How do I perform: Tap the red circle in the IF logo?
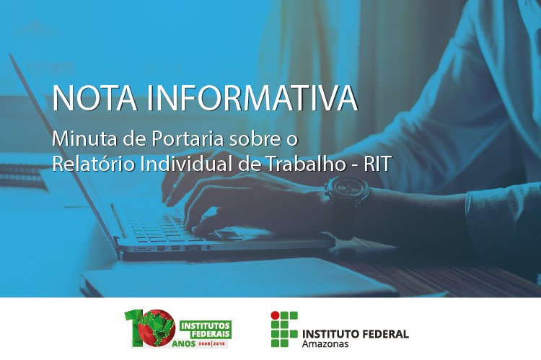click(x=275, y=315)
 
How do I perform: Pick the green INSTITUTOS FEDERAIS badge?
click(x=206, y=330)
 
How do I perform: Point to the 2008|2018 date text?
click(x=212, y=344)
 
